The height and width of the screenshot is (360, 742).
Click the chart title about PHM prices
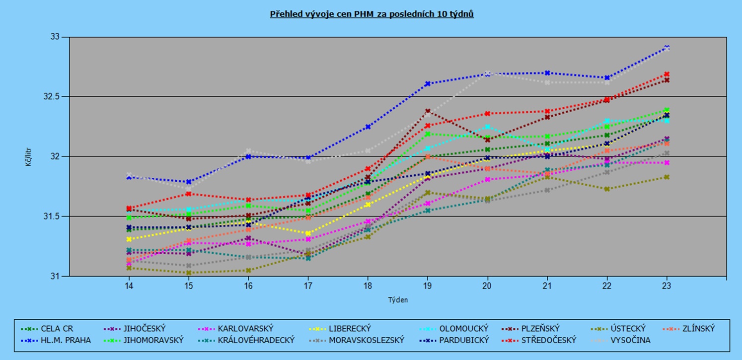(371, 14)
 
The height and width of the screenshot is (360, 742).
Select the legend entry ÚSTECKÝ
(628, 328)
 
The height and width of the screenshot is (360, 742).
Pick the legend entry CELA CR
(57, 328)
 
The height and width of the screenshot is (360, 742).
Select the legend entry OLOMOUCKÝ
(464, 328)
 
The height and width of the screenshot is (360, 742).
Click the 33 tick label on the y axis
(55, 37)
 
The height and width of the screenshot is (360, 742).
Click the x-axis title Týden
(398, 299)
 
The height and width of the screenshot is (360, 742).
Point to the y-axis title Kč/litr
(29, 156)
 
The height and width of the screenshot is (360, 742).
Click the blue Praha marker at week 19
(428, 83)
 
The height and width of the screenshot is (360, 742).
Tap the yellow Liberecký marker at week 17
(308, 233)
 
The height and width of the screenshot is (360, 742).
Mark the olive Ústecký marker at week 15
(188, 273)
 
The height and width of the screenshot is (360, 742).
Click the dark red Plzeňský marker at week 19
(428, 111)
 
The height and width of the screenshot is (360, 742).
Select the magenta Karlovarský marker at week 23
(667, 162)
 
